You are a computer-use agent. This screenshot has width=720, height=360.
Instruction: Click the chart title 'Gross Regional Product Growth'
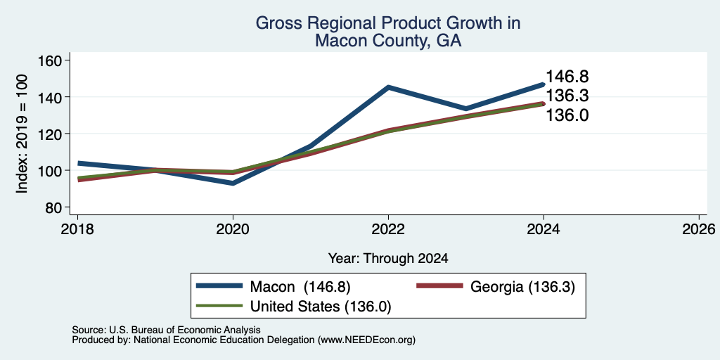[388, 23]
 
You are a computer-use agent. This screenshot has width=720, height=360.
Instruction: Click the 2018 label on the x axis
[77, 229]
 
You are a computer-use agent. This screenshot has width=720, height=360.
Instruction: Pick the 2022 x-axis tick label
[388, 229]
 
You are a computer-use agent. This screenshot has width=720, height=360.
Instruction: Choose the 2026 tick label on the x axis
[699, 229]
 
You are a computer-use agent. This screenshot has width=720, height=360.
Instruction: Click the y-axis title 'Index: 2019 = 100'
[22, 134]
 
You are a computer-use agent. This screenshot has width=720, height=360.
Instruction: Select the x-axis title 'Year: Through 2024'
[388, 259]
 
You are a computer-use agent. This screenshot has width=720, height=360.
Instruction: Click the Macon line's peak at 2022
[388, 86]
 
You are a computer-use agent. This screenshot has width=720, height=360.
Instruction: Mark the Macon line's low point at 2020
[233, 183]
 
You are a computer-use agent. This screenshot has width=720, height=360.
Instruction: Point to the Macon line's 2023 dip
[466, 108]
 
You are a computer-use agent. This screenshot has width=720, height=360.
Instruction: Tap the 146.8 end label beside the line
[567, 76]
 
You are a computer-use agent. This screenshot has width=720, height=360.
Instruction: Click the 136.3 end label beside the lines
[567, 96]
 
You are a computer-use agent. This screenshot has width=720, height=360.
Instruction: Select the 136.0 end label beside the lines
[567, 115]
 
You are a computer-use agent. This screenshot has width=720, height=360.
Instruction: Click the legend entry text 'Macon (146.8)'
[300, 287]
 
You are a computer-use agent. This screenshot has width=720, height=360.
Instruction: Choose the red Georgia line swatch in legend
[439, 285]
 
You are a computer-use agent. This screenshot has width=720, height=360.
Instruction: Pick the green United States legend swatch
[219, 305]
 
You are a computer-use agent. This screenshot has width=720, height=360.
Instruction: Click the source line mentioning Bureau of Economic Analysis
[166, 330]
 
